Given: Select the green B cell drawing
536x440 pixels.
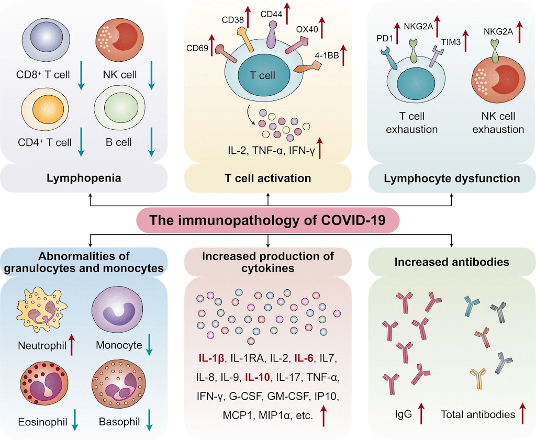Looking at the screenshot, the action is point(120,107).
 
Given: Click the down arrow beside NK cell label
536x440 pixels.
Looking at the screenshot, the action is point(151,75).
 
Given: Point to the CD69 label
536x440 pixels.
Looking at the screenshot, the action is point(197,48).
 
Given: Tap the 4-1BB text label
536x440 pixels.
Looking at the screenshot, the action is point(327,55).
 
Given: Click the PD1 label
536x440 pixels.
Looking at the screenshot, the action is point(385,39).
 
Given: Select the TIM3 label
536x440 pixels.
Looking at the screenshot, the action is point(451,42).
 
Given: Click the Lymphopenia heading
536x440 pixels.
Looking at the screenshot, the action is point(84,178).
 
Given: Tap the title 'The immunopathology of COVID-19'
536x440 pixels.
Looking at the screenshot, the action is point(267,220).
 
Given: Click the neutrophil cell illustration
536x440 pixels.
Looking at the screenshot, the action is point(42,310).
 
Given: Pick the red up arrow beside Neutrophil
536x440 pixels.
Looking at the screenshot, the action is point(71,345).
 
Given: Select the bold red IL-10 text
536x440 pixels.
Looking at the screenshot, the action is point(258,377).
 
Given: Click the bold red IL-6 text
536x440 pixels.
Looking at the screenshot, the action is point(304,358).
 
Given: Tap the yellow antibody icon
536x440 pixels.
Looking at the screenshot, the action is point(478,378).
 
